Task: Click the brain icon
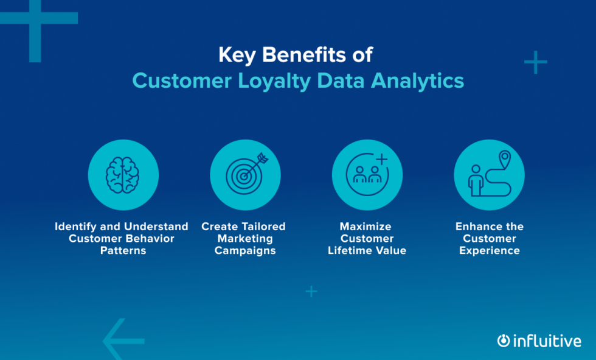point(123,175)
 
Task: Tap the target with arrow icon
point(245,175)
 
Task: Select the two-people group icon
point(367,175)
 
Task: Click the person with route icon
point(489,175)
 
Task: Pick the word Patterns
point(123,250)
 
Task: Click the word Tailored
point(262,227)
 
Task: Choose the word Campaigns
point(245,250)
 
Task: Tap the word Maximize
point(366,227)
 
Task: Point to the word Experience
point(489,250)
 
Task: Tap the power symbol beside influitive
point(503,341)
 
